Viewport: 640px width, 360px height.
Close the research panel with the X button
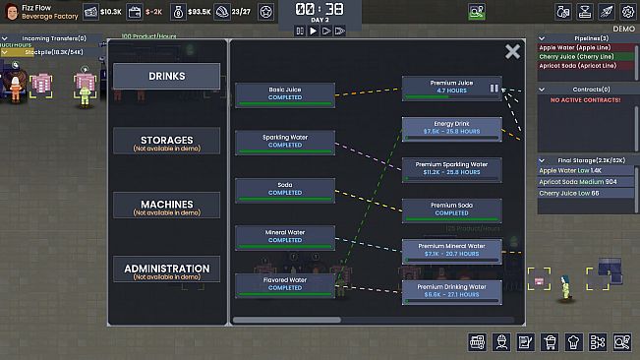coord(512,52)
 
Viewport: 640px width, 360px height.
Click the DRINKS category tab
coord(166,76)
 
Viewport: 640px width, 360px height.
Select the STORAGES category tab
coord(166,142)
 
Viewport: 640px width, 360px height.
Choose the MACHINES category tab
coord(166,206)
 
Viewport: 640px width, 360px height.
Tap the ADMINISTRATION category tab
coord(166,270)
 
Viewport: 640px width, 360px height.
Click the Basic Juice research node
coord(284,95)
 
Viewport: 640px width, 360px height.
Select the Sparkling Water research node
coord(284,143)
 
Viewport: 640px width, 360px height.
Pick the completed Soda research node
coord(284,190)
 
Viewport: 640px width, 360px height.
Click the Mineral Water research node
coord(284,237)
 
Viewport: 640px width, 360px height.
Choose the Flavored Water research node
coord(284,285)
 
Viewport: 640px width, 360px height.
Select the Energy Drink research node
coord(451,128)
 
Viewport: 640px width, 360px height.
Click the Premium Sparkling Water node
coord(451,169)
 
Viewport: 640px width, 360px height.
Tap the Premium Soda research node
coord(451,210)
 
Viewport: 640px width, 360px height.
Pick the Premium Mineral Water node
coord(451,251)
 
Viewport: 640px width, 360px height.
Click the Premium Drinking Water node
coord(451,291)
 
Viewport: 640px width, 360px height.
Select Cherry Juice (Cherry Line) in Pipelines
coord(574,58)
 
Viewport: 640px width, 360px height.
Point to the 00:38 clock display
coord(320,10)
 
